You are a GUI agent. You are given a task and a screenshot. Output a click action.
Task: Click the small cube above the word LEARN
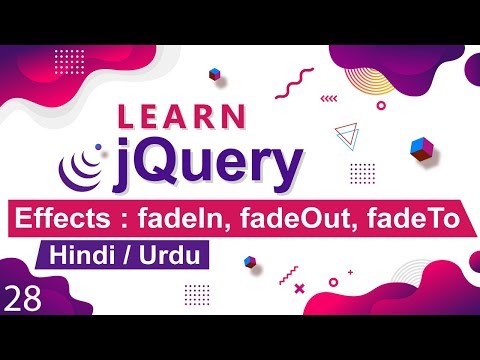(214, 74)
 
